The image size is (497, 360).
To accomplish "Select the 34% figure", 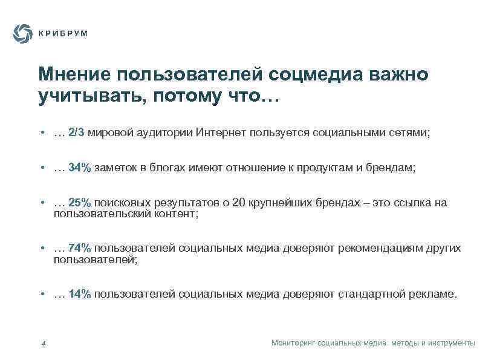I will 80,168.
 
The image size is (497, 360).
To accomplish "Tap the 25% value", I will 80,203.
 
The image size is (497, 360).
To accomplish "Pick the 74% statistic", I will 80,248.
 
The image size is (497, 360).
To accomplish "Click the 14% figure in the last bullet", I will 80,294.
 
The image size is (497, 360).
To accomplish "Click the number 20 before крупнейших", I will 239,203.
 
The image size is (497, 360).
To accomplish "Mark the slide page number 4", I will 44,344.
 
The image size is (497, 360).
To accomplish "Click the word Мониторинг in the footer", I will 293,343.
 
